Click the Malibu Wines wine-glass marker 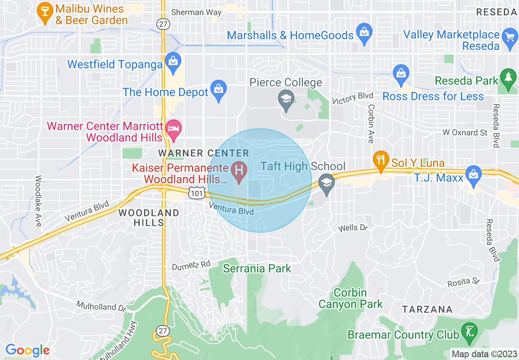coord(44,12)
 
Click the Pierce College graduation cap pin coord(286,99)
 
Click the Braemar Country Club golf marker coord(469,331)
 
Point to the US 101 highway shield coord(196,192)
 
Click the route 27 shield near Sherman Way coord(163,24)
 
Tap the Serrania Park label coord(257,269)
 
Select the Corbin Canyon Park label coord(351,299)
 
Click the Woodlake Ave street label coord(38,201)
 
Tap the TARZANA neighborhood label coord(427,309)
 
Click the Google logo coord(27,350)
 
